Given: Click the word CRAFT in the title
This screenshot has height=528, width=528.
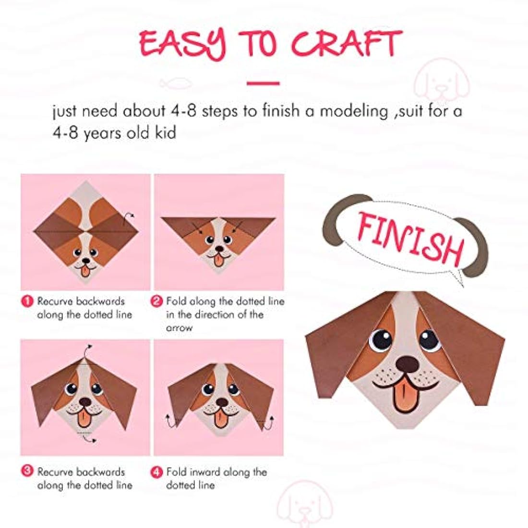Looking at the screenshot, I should [x=347, y=44].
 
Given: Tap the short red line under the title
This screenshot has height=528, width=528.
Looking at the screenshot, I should [x=263, y=84].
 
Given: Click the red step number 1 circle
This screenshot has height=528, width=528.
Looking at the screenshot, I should [x=27, y=301].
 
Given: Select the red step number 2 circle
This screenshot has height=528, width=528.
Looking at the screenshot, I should [x=156, y=301].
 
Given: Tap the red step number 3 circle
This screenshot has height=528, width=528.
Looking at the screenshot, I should [x=27, y=472].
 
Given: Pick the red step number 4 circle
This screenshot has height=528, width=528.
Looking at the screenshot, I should [x=156, y=472].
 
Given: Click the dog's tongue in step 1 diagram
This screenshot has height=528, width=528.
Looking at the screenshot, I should [x=85, y=271].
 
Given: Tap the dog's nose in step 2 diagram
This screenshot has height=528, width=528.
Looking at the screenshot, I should [x=219, y=250].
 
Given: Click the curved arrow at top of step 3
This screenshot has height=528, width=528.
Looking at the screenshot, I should [x=87, y=348].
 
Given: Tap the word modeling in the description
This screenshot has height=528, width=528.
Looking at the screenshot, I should [x=354, y=111].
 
